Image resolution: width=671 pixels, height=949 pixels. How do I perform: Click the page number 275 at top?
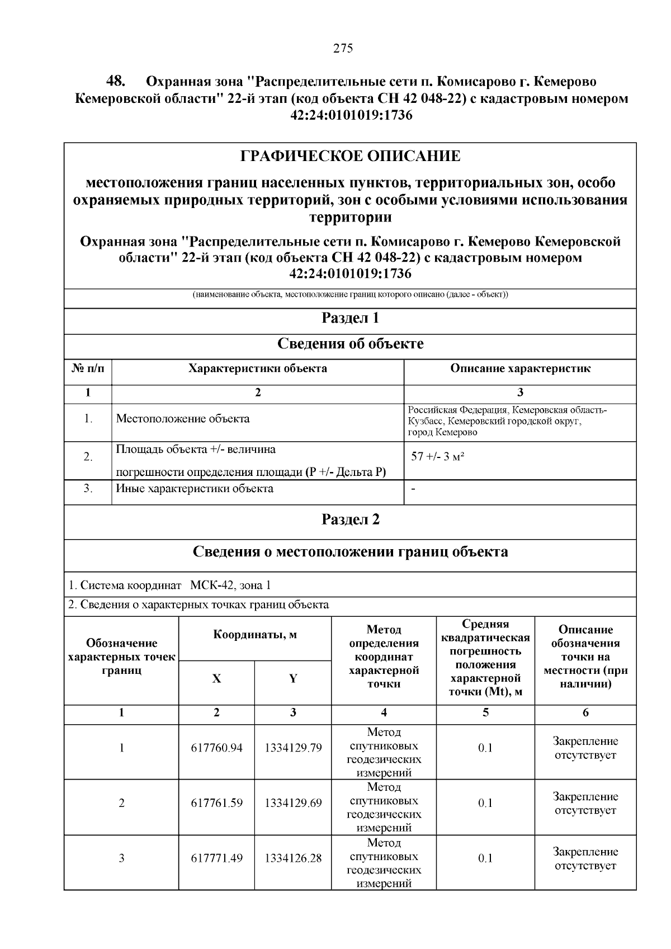click(343, 48)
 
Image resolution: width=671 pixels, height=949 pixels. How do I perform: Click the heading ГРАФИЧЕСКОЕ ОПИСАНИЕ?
click(350, 156)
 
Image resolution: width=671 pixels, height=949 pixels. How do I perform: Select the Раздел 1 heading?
click(350, 318)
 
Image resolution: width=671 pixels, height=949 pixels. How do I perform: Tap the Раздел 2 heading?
click(350, 520)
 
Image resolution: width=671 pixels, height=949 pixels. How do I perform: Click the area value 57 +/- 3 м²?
click(438, 456)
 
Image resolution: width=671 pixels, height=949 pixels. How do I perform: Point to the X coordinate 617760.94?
click(216, 748)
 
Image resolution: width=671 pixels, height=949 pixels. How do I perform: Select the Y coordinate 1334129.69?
click(293, 803)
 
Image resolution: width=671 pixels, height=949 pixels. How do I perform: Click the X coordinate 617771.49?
click(216, 858)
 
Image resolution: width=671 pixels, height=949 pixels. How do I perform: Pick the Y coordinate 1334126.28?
click(293, 858)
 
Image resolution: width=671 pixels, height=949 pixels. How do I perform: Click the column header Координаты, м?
click(255, 635)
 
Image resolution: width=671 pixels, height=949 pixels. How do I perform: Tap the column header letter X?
click(216, 679)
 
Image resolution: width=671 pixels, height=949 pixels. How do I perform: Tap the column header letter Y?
click(293, 679)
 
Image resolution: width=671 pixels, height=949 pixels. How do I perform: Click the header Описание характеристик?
click(520, 369)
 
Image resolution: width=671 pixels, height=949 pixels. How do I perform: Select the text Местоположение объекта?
click(183, 419)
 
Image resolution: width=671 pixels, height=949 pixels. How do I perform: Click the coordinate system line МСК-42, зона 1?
click(230, 586)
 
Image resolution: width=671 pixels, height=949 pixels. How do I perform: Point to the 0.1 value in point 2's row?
click(485, 803)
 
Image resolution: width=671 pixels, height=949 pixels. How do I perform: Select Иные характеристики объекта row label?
click(195, 489)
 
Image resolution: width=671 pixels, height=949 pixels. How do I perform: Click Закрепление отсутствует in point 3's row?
click(585, 858)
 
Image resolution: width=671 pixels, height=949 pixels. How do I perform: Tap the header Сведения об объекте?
click(350, 344)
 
